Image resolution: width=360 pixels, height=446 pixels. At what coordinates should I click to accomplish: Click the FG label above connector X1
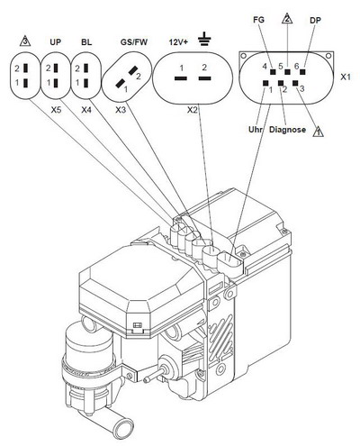pos(258,20)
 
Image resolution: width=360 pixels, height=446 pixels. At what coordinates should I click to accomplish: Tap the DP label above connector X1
pos(315,21)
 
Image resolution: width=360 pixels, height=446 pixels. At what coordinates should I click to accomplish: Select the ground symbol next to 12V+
pos(204,39)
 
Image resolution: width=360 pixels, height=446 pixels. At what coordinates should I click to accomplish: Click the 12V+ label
pos(178,41)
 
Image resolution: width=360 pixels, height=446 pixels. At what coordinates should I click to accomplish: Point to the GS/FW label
pos(134,41)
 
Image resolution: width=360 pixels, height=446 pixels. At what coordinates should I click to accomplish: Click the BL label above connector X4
pos(86,41)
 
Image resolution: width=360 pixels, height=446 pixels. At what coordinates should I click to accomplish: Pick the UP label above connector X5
pos(55,41)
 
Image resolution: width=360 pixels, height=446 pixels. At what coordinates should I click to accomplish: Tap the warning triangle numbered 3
pos(25,41)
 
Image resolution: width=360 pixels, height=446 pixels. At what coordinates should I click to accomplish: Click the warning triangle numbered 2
pos(287,18)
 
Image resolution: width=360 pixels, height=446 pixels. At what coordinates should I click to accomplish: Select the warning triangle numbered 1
pos(318,132)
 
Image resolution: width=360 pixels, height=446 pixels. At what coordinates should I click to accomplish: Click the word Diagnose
pos(287,130)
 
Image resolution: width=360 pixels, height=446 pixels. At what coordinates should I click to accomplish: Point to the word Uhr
pos(256,130)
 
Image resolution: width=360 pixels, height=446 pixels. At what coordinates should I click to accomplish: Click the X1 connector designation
pos(346,77)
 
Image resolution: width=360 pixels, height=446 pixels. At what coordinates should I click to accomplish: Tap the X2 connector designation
pos(193,110)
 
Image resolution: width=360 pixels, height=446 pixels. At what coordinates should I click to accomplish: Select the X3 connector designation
pos(121,110)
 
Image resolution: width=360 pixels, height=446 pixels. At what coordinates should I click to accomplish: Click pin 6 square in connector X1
pos(302,72)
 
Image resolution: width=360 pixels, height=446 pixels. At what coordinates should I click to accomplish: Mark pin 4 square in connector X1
pos(273,72)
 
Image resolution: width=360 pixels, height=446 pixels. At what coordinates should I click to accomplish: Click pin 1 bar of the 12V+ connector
pos(181,78)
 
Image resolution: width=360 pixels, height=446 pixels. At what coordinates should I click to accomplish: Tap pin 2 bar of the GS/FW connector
pos(133,71)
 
